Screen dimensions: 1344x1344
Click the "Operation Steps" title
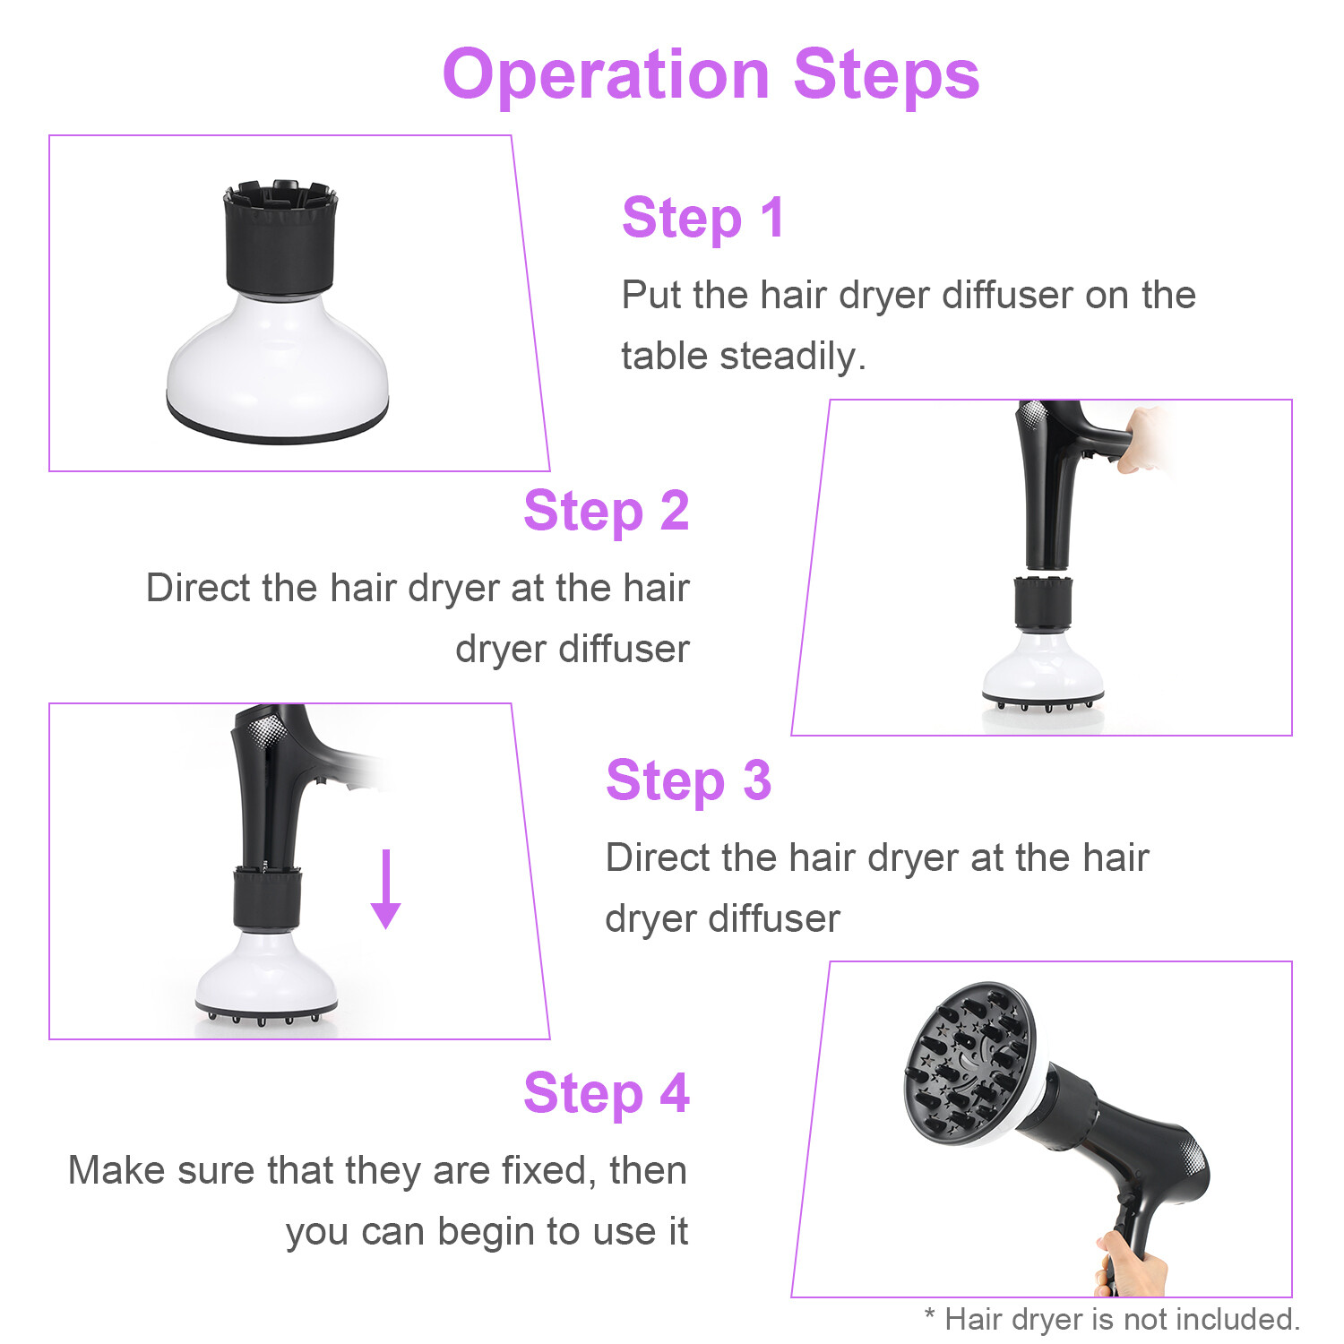click(711, 76)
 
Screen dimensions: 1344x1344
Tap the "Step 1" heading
click(703, 218)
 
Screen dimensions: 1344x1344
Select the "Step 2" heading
click(607, 511)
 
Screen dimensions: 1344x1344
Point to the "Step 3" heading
click(688, 780)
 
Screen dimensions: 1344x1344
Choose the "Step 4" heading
click(607, 1093)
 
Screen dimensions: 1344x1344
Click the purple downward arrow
click(385, 889)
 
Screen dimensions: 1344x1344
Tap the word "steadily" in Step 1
click(793, 357)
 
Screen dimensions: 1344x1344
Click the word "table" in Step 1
click(667, 356)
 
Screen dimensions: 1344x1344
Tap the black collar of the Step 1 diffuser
click(280, 239)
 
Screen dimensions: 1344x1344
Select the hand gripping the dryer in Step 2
click(1142, 439)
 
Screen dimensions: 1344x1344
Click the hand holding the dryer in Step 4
click(1131, 1263)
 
